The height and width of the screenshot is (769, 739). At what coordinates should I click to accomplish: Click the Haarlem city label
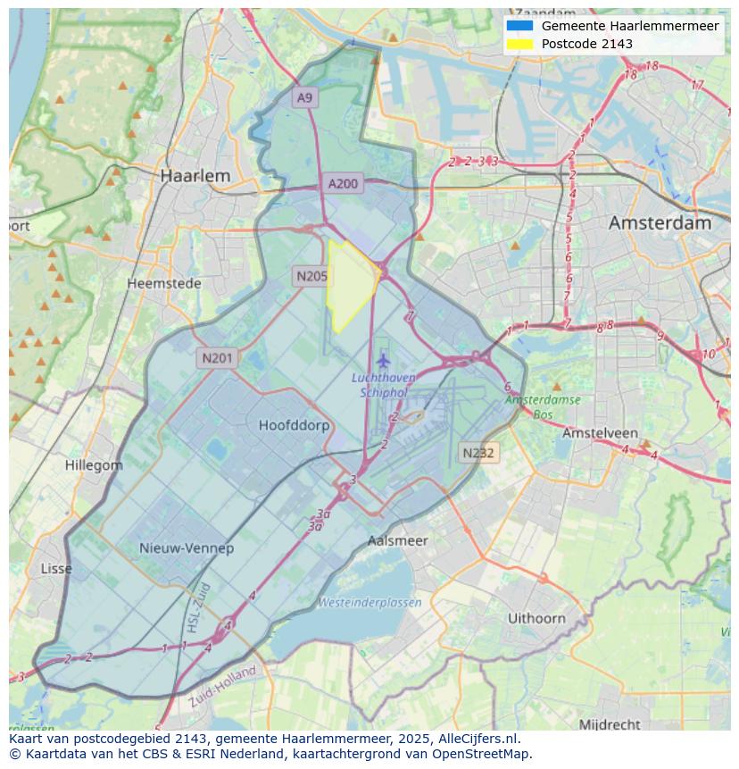tap(195, 176)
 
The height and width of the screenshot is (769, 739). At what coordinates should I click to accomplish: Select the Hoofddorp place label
tap(294, 426)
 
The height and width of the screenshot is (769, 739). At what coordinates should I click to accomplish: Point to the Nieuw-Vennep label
tap(187, 548)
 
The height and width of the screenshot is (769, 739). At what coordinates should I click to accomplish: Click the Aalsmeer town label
tap(397, 541)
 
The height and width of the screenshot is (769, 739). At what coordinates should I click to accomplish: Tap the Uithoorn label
tap(536, 618)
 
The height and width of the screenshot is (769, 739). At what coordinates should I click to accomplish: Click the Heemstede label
tap(164, 284)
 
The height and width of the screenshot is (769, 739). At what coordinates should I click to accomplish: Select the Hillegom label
tap(94, 465)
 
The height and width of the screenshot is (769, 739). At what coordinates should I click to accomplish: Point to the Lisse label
tap(57, 569)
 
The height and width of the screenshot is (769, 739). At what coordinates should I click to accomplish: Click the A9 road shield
tap(305, 97)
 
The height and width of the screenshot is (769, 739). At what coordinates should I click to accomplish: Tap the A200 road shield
tap(343, 184)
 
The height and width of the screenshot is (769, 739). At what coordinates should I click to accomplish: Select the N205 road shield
tap(311, 277)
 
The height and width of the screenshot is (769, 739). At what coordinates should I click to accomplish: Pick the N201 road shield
tap(217, 358)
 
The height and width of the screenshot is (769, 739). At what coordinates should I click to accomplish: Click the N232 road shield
tap(478, 453)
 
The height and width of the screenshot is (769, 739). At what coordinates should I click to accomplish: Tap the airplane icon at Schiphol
tap(384, 360)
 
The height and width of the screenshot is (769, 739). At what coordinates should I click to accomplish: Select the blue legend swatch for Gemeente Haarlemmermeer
tap(519, 26)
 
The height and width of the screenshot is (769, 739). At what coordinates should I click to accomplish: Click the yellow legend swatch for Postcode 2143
tap(519, 44)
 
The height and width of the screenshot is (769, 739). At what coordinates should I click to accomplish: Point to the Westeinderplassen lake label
tap(369, 603)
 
